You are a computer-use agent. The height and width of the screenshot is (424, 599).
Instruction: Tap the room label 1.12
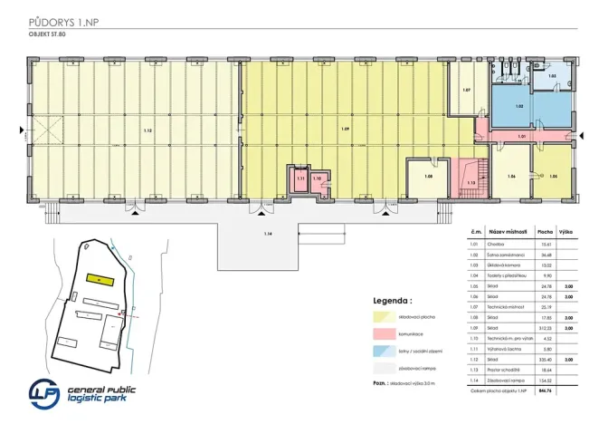(x=148, y=131)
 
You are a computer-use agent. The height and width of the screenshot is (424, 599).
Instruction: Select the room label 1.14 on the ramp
(x=268, y=235)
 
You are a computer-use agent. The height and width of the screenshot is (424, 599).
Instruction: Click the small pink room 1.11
(x=300, y=178)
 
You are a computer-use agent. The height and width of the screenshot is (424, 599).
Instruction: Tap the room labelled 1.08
(x=428, y=176)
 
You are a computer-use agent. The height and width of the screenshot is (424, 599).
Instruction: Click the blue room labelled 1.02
(x=519, y=107)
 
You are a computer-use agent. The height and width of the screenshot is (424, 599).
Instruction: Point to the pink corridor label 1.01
(x=521, y=137)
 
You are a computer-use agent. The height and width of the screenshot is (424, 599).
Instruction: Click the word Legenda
(x=393, y=299)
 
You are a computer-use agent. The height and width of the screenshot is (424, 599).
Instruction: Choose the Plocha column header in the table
(x=546, y=231)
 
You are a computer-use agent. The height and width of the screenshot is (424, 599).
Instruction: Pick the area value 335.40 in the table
(x=546, y=359)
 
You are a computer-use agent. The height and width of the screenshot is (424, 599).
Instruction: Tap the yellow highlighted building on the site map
(x=95, y=278)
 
